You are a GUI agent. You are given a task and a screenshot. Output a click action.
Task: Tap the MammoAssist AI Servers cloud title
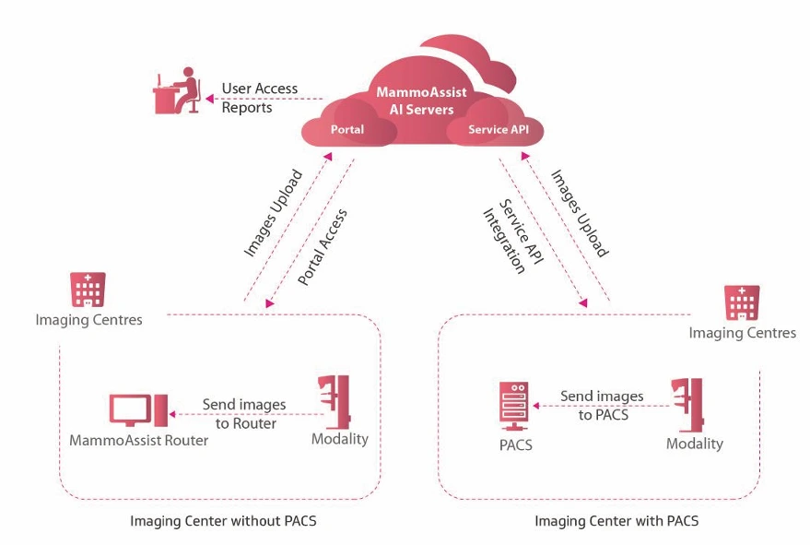420,101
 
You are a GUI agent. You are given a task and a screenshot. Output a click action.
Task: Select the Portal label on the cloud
346,130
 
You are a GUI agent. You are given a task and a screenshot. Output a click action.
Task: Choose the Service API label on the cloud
499,130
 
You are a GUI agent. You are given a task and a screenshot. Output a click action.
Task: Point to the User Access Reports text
259,98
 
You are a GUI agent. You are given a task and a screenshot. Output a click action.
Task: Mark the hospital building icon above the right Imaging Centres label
743,302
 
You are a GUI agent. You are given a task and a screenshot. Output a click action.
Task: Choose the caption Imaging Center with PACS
616,521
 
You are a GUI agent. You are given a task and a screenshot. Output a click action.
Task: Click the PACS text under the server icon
515,446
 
